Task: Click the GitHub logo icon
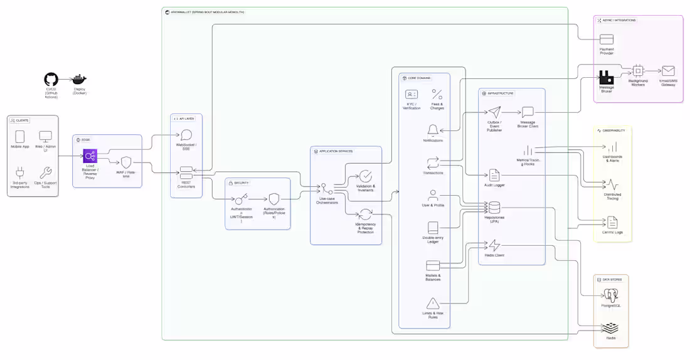(51, 80)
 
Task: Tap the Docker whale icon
(79, 80)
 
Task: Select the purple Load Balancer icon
(90, 156)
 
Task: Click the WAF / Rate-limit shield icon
(125, 162)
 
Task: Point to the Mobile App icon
(19, 136)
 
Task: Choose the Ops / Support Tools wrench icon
(46, 172)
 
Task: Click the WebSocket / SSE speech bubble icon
(186, 135)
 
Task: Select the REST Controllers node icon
(186, 172)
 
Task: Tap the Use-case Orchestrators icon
(326, 189)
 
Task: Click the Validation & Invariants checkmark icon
(365, 176)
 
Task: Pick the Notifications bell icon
(432, 130)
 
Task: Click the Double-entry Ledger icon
(432, 228)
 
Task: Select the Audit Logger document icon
(494, 175)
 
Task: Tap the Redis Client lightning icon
(494, 245)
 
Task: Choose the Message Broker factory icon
(606, 77)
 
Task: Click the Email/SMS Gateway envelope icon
(667, 71)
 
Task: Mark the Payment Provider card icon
(606, 40)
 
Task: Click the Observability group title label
(614, 130)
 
